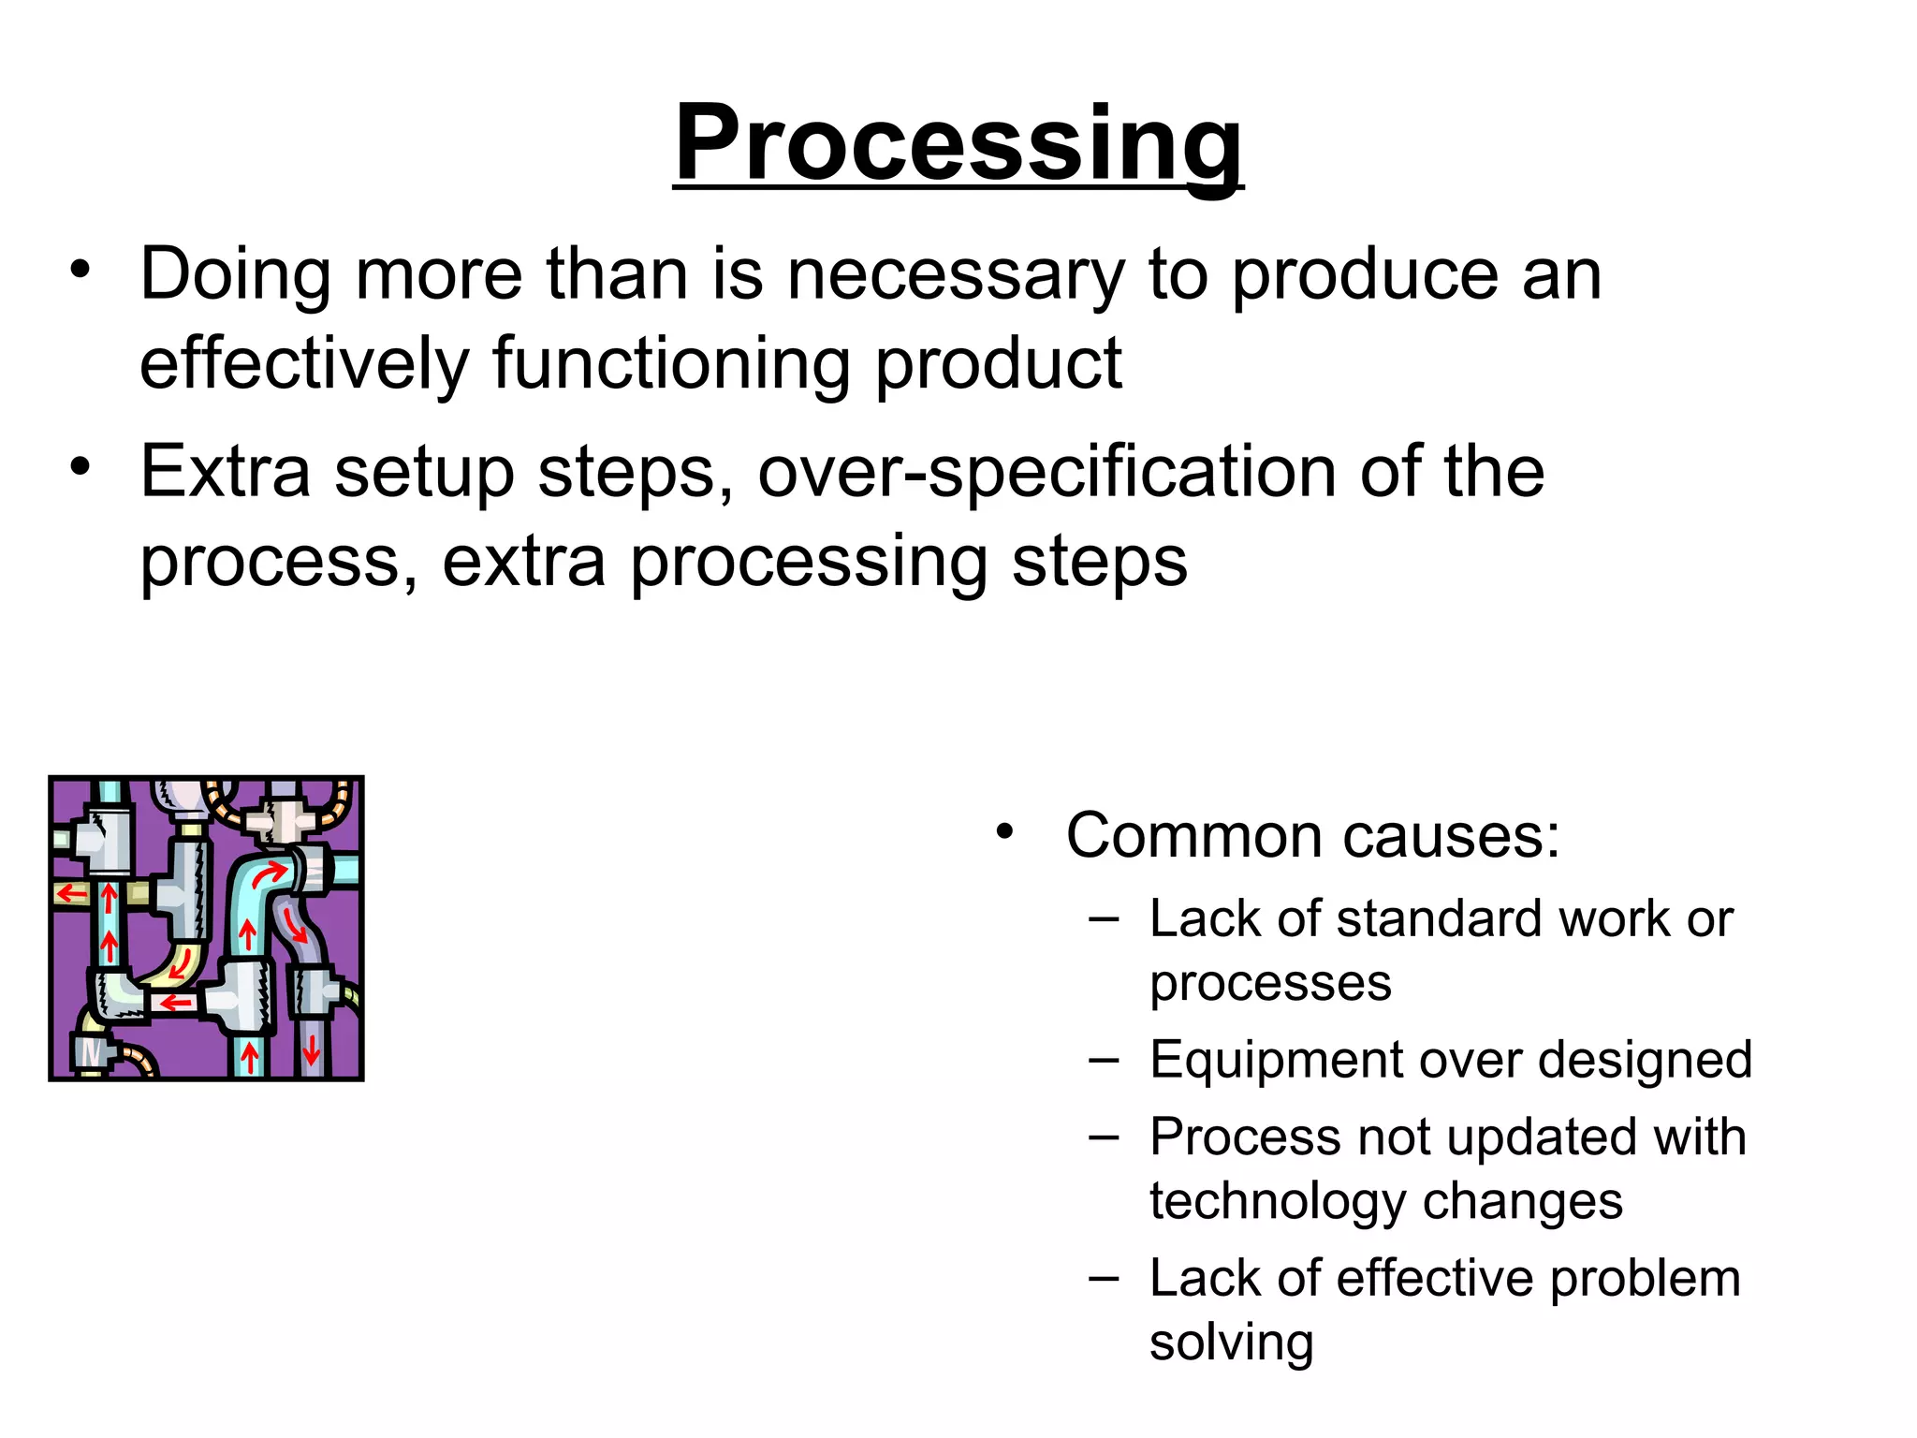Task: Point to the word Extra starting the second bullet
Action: tap(225, 472)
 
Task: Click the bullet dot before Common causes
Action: tap(1005, 831)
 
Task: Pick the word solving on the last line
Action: tap(1231, 1343)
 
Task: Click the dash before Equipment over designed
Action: tap(1105, 1060)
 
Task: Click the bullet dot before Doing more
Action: tap(80, 271)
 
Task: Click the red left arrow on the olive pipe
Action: tap(71, 894)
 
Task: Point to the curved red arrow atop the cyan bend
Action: tap(271, 874)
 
